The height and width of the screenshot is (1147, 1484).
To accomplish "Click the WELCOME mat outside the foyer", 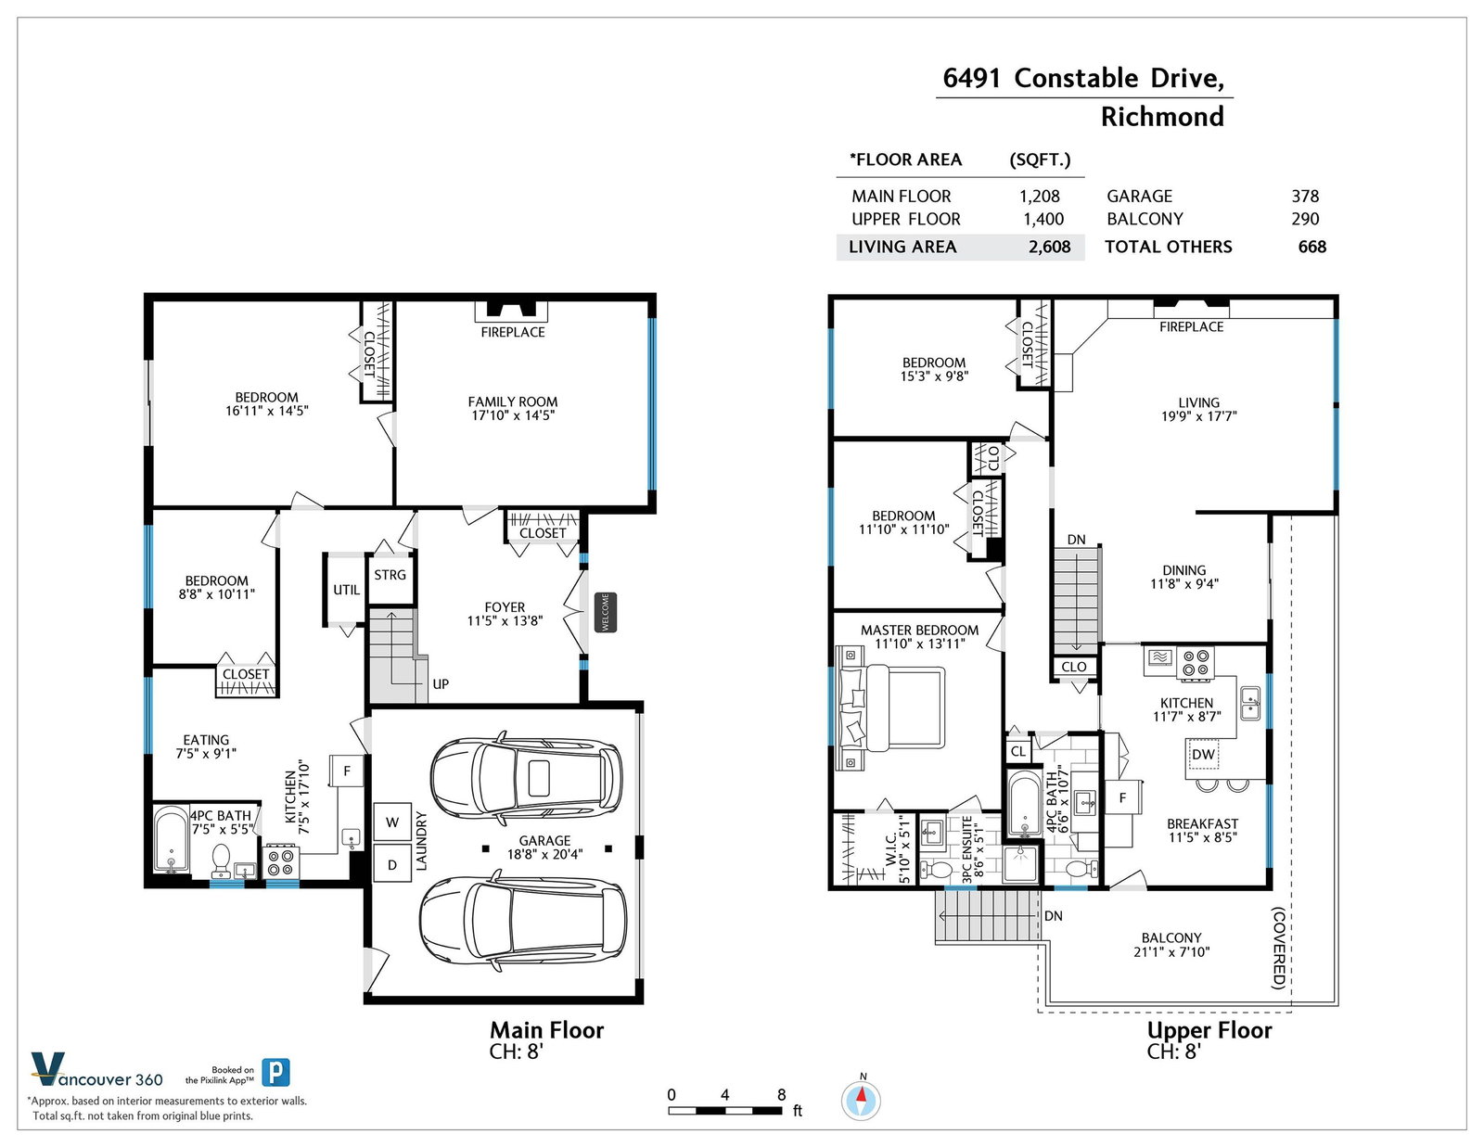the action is coord(605,612).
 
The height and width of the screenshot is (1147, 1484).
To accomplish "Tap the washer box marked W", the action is coord(392,822).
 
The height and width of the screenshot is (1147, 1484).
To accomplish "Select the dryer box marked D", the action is coord(392,864).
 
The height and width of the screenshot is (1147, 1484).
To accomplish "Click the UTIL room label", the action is coord(346,589).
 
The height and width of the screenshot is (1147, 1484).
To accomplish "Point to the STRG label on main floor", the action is coord(390,575).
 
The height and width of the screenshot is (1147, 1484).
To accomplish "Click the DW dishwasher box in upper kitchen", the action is coord(1203,754).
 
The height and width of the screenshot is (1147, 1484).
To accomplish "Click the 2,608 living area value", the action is coord(1050,247).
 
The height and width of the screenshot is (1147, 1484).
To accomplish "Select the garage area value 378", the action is coord(1305,196).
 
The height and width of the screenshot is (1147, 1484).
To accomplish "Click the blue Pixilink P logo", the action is coord(275,1072).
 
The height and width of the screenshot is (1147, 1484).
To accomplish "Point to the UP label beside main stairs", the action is coord(441,683).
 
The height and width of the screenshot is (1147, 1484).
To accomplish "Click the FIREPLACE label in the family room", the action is coord(513,332).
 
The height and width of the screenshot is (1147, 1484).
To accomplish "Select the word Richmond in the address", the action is coord(1162,117).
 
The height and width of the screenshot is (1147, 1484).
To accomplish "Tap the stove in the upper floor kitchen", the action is coord(1196,662).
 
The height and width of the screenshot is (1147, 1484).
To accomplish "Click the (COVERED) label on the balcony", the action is coord(1278,948).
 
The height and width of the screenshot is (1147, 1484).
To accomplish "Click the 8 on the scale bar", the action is coord(781,1094).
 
